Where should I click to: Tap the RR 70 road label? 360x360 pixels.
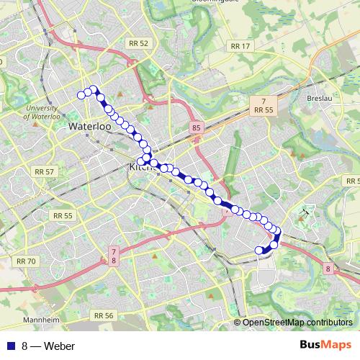coord(25,261)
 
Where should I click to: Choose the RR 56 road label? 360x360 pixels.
coord(104,315)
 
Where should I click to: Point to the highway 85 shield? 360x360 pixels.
coord(196,127)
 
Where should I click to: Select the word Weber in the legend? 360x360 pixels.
coord(59,346)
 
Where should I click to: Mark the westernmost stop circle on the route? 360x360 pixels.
coord(81,94)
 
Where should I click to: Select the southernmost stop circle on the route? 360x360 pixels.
coord(260,251)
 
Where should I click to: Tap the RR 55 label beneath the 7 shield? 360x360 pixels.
coord(264,110)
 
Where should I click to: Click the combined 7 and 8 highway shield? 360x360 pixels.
coord(113,254)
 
